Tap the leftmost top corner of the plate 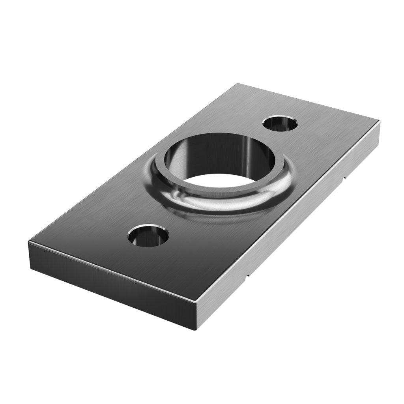coord(29,241)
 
